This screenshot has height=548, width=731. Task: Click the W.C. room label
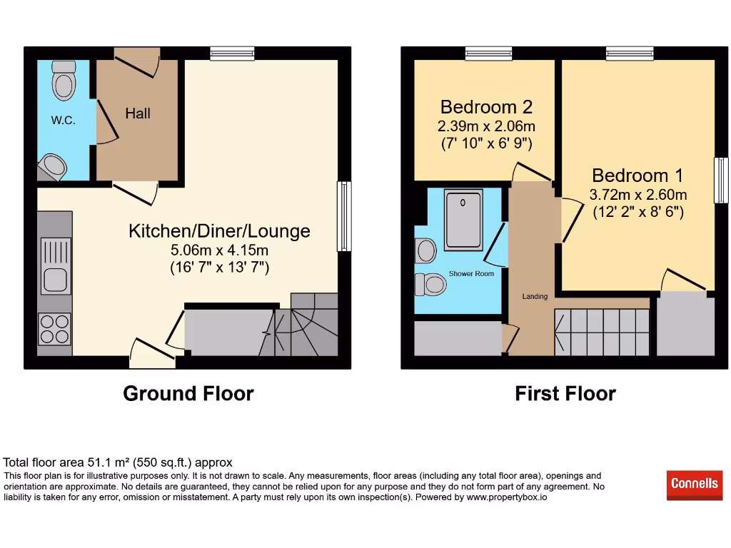click(63, 121)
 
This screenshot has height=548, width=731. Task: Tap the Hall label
click(138, 113)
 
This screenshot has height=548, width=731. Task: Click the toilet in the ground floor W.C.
click(64, 80)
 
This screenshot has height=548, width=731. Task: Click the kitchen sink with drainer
click(56, 265)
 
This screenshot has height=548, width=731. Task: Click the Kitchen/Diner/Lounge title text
click(219, 231)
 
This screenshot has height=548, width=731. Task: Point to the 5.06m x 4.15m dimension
click(219, 250)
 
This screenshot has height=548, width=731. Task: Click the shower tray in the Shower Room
click(463, 218)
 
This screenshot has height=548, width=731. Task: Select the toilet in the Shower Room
click(430, 284)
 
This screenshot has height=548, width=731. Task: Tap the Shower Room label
click(471, 274)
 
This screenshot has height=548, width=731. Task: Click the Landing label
click(535, 296)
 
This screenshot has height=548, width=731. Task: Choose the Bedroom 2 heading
click(486, 107)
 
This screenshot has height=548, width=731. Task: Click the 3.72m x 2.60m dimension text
click(638, 195)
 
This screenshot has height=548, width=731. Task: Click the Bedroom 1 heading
click(637, 176)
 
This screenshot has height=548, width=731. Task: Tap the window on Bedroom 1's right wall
click(721, 180)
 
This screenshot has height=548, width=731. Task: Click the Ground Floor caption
click(188, 394)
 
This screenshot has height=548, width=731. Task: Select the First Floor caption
click(565, 394)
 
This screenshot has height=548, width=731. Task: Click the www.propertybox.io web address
click(507, 497)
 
